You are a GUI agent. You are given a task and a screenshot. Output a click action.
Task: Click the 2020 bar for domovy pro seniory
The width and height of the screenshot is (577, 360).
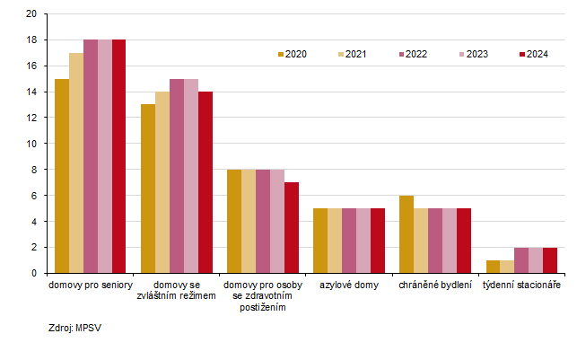pos(62,176)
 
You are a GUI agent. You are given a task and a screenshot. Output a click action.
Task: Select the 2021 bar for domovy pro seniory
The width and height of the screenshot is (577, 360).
pos(76,162)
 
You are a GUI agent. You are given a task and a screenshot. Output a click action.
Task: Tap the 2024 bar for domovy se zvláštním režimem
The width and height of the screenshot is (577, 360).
pos(205,182)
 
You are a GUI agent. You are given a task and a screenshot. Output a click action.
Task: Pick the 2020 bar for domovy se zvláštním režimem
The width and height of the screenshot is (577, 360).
pos(148,189)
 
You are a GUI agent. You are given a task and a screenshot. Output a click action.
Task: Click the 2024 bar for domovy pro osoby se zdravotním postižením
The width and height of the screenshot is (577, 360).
pos(292,227)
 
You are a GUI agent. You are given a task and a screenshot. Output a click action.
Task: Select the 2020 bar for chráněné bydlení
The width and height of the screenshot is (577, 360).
pos(407,233)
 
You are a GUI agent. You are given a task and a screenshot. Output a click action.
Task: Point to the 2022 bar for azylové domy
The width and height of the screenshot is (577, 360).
pos(349,241)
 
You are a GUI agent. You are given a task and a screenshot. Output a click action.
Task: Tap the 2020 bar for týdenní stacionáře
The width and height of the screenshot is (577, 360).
pos(493,267)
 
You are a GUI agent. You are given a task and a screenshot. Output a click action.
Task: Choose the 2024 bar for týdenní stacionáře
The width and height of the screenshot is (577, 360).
pos(550,260)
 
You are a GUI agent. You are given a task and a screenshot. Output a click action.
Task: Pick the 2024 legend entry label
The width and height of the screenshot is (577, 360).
pos(538,55)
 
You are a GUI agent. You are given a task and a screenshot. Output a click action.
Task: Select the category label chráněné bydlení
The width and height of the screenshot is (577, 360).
pos(435,285)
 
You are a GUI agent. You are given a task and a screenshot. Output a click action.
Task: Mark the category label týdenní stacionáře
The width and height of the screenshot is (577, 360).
pos(521,285)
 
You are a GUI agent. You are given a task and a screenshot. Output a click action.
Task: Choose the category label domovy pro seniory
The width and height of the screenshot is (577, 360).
pos(91,285)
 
